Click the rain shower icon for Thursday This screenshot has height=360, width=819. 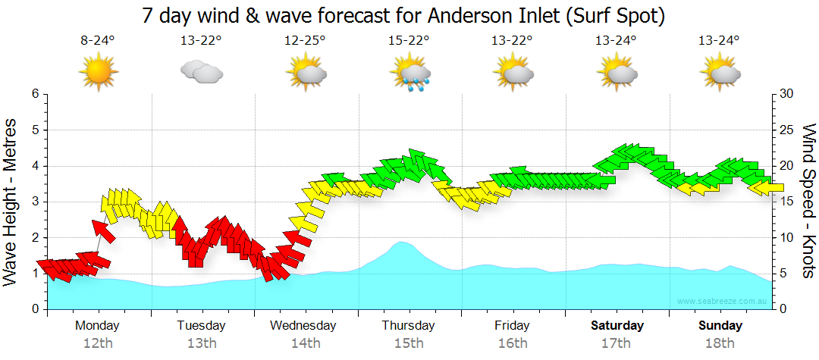(x=409, y=74)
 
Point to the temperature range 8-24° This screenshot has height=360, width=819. (x=98, y=41)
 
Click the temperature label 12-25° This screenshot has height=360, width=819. (x=306, y=41)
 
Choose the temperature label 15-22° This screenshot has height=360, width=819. (x=409, y=41)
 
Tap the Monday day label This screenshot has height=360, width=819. (x=97, y=325)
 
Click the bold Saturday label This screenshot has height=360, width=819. (x=617, y=325)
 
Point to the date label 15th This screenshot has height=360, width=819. (x=409, y=343)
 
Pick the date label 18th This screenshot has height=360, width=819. (x=720, y=343)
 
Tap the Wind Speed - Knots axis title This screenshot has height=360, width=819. (x=808, y=201)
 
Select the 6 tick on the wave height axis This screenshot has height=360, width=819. (x=34, y=94)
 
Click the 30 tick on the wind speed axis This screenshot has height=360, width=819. (x=786, y=94)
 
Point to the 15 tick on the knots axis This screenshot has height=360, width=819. (x=786, y=202)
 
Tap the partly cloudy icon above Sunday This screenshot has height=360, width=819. (x=720, y=74)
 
